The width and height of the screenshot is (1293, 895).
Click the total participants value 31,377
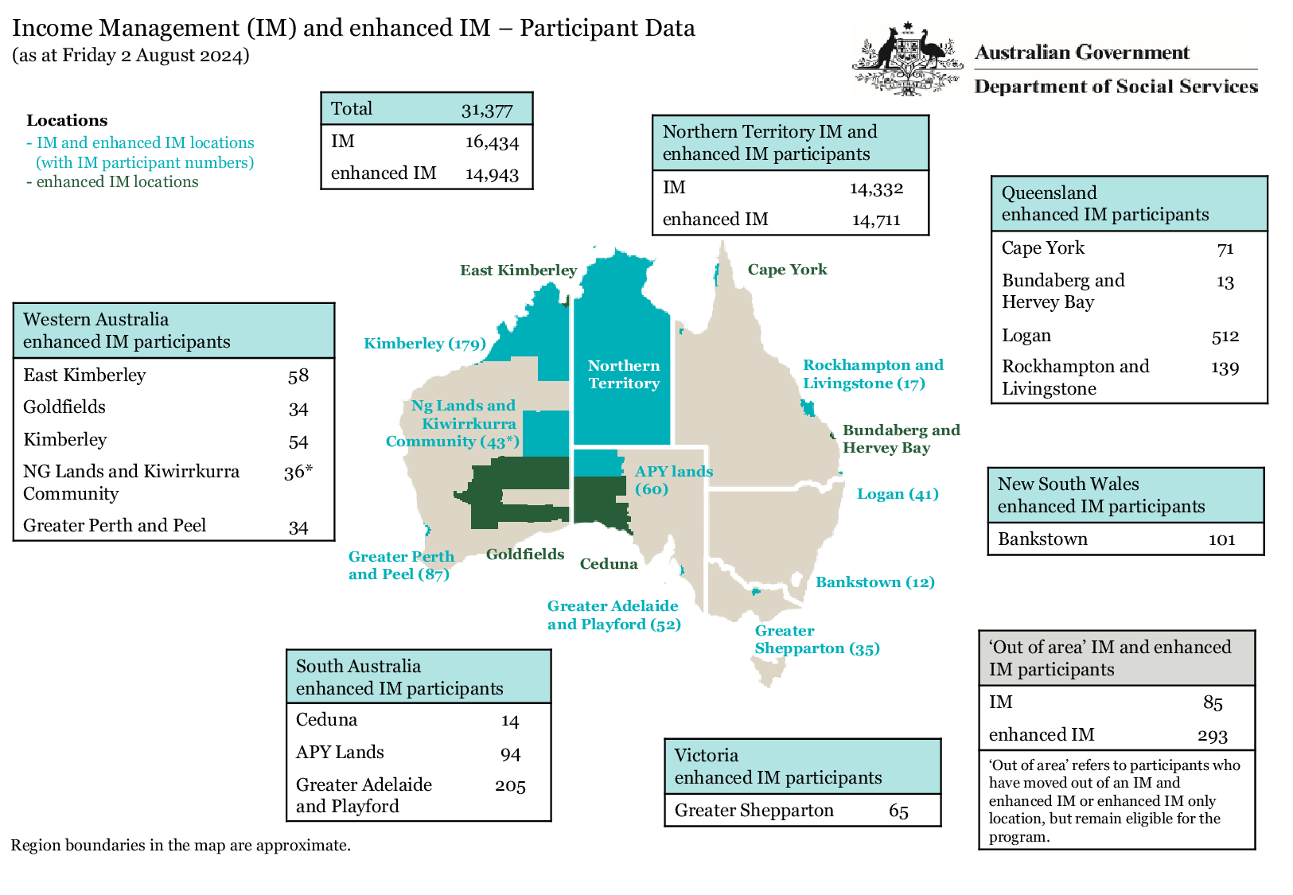tap(487, 110)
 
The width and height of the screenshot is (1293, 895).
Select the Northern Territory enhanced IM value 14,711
tap(876, 220)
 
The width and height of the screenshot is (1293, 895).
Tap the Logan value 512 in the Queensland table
tap(1225, 337)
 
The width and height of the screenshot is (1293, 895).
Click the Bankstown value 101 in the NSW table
tap(1221, 539)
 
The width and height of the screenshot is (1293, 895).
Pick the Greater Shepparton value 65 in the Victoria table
tap(898, 811)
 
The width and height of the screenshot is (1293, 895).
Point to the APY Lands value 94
tap(510, 753)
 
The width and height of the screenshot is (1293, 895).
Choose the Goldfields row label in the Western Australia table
tap(64, 407)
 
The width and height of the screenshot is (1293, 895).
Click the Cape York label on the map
tap(787, 270)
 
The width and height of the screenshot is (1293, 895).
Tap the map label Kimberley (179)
tap(424, 344)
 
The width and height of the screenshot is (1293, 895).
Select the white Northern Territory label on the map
tap(624, 374)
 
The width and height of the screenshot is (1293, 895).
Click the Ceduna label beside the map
tap(609, 564)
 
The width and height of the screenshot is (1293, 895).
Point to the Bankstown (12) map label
tap(874, 582)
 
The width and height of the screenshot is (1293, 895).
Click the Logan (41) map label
tap(898, 494)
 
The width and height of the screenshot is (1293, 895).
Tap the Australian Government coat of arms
tap(907, 60)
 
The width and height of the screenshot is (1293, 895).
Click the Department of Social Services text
tap(1116, 87)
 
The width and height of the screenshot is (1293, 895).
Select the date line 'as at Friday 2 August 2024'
tap(130, 55)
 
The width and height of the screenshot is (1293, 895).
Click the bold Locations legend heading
tap(67, 121)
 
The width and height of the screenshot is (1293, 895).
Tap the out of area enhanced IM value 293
tap(1212, 736)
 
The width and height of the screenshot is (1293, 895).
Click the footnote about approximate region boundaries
tap(181, 845)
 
